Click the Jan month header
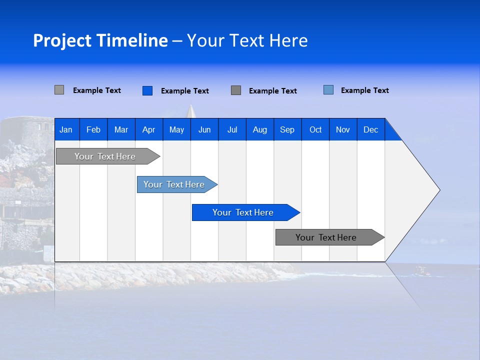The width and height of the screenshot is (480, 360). pos(66,130)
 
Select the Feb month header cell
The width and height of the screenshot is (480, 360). pos(93,130)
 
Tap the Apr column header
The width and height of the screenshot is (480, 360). pos(148,130)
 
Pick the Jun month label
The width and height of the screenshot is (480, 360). pos(204,130)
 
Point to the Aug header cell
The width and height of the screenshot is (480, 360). pos(259,130)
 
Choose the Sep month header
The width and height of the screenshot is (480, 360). pos(287,130)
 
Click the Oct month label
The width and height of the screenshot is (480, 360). pos(315,130)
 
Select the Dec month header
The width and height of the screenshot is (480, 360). pos(370,130)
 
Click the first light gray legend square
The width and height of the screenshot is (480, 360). pos(59,90)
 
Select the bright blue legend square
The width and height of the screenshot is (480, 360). pos(147,90)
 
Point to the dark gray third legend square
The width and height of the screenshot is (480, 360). pos(236,90)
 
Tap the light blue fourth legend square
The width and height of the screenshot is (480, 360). pos(328,90)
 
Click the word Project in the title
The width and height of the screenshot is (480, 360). pos(61,40)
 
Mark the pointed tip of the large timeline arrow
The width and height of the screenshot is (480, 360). pos(438,189)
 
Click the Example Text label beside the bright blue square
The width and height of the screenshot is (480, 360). pos(185,91)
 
